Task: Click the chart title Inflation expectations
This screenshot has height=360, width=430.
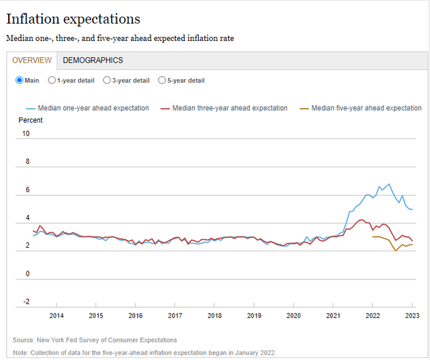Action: coord(73,19)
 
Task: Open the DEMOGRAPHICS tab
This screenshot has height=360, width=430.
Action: coord(93,60)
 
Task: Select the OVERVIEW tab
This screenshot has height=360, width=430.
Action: coord(32,60)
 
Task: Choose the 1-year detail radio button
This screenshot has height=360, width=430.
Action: coord(52,81)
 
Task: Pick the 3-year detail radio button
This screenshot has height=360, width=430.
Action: coord(107,81)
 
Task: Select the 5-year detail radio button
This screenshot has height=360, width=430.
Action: coord(162,81)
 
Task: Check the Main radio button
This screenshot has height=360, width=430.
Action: coord(19,81)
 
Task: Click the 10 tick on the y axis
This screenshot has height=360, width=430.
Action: coord(26,134)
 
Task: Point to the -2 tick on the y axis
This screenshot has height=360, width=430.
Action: coord(26,302)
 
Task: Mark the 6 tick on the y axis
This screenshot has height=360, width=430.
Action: coord(26,190)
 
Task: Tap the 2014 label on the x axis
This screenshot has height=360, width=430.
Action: coord(56,315)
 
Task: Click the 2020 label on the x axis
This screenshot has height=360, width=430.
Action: coord(294,315)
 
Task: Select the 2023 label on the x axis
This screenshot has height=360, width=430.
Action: coord(412,315)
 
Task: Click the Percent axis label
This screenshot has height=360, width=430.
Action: coord(30,120)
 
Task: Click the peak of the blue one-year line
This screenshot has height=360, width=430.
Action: coord(388,184)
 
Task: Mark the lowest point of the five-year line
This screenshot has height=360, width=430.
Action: coord(396,251)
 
